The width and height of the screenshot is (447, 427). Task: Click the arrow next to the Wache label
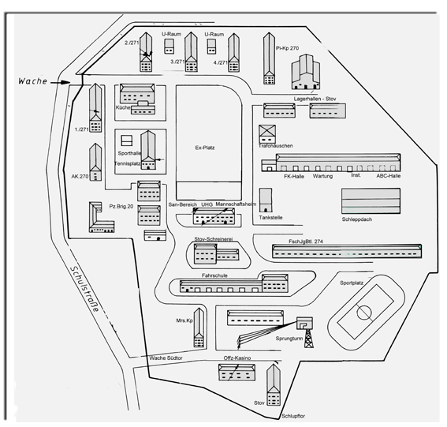pyautogui.click(x=61, y=83)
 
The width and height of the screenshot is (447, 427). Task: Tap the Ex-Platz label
pyautogui.click(x=205, y=148)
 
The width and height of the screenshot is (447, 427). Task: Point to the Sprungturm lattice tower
pyautogui.click(x=308, y=338)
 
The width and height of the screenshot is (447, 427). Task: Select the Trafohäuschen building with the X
pyautogui.click(x=267, y=134)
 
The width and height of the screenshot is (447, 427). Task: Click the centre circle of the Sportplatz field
pyautogui.click(x=364, y=313)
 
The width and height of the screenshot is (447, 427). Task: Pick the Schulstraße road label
pyautogui.click(x=85, y=289)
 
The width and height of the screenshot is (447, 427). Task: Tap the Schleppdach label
pyautogui.click(x=357, y=219)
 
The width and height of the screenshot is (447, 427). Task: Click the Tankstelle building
pyautogui.click(x=266, y=200)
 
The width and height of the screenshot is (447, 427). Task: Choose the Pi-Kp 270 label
pyautogui.click(x=287, y=48)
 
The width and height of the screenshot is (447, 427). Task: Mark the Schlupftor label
pyautogui.click(x=293, y=416)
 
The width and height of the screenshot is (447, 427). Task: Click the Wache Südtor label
pyautogui.click(x=166, y=358)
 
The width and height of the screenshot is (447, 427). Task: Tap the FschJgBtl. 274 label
pyautogui.click(x=306, y=242)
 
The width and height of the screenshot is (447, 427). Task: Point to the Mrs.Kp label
pyautogui.click(x=184, y=320)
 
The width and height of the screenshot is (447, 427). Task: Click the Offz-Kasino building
pyautogui.click(x=237, y=372)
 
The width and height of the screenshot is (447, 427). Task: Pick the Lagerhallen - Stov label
pyautogui.click(x=315, y=99)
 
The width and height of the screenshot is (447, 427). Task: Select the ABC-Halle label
pyautogui.click(x=389, y=176)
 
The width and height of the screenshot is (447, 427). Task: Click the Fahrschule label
pyautogui.click(x=214, y=275)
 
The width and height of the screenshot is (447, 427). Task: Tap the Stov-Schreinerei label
pyautogui.click(x=213, y=239)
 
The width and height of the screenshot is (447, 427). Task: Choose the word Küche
pyautogui.click(x=123, y=107)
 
